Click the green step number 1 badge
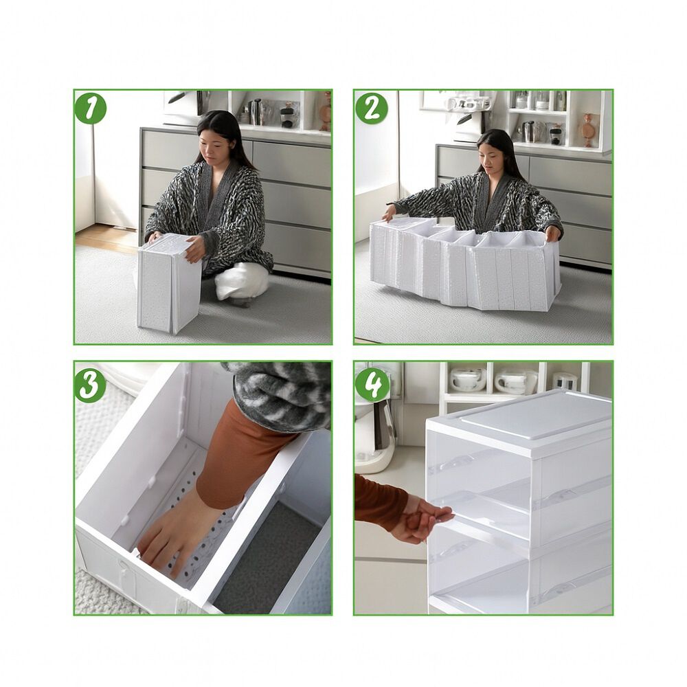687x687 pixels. click(x=91, y=108)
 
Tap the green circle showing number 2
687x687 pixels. click(x=371, y=108)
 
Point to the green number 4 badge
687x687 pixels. click(x=372, y=385)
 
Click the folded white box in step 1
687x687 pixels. click(x=168, y=282)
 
